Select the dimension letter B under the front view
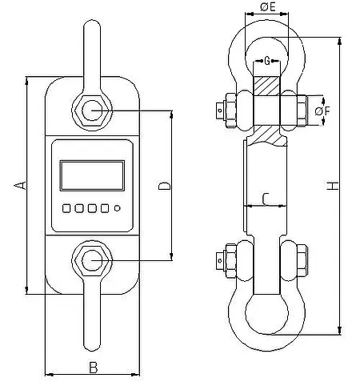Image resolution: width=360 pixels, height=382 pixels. point(93,368)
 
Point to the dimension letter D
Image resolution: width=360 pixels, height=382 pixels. point(163,186)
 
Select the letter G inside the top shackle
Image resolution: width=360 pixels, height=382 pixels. point(266,59)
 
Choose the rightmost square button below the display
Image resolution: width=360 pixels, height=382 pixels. point(104,208)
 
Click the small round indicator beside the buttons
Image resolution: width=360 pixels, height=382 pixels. point(117,208)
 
